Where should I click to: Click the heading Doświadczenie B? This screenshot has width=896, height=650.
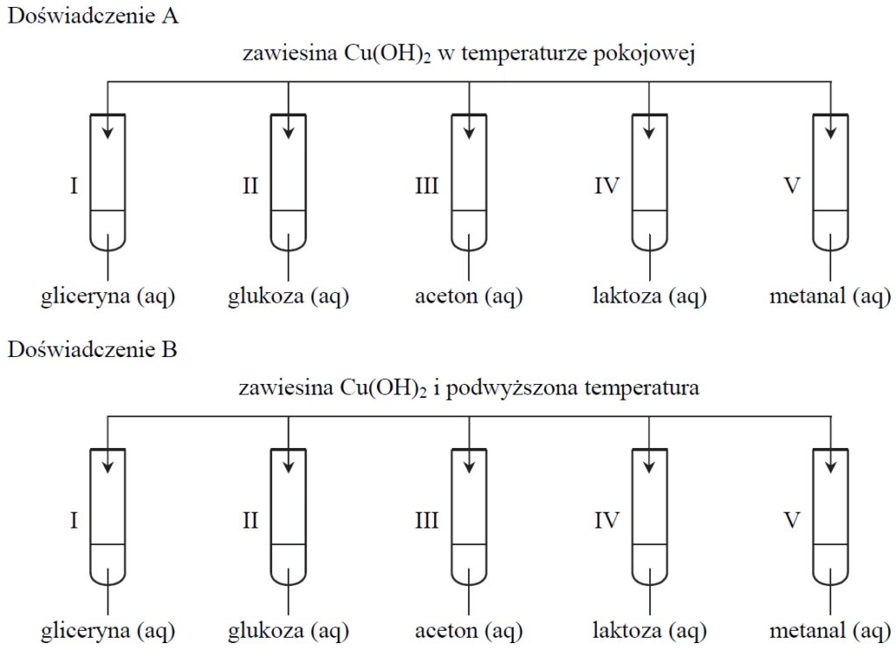click(x=93, y=351)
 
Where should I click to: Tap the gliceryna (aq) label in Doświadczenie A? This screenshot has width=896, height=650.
click(x=108, y=297)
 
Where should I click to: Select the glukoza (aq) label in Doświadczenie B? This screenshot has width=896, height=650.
click(x=288, y=630)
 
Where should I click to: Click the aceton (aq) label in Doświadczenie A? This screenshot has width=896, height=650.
click(x=468, y=297)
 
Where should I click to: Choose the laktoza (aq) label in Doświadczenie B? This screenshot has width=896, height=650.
click(x=649, y=630)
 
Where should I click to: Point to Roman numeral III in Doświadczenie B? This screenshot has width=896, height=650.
click(x=426, y=521)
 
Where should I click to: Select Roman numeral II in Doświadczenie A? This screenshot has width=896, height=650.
click(x=250, y=186)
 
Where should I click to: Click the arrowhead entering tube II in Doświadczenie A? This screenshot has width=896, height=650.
click(x=288, y=132)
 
